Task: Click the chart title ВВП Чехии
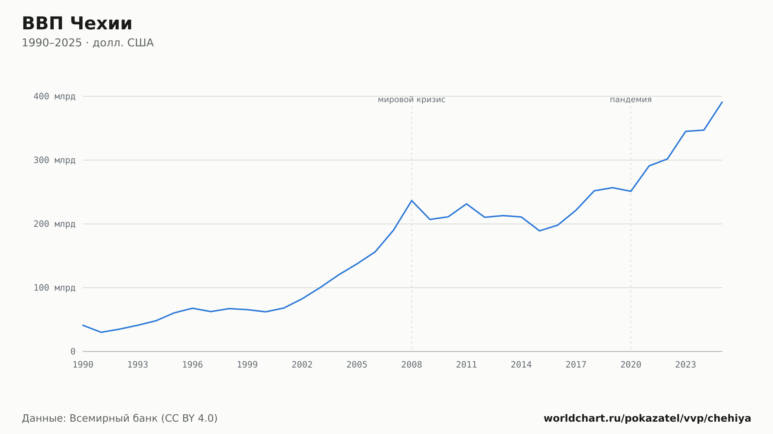77,24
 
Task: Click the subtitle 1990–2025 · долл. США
88,43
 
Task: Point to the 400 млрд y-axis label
54,96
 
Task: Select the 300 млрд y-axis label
54,160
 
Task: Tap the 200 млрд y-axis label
54,224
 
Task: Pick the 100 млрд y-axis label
54,288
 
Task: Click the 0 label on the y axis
73,351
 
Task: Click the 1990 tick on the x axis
83,365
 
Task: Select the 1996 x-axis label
192,365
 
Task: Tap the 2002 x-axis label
302,365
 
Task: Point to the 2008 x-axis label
412,365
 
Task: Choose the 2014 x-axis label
521,365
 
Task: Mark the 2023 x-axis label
686,365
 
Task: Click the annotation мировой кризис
412,100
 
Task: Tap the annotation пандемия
631,100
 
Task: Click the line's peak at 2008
412,200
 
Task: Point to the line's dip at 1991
101,332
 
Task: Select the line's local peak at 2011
467,204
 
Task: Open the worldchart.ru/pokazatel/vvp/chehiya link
647,418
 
